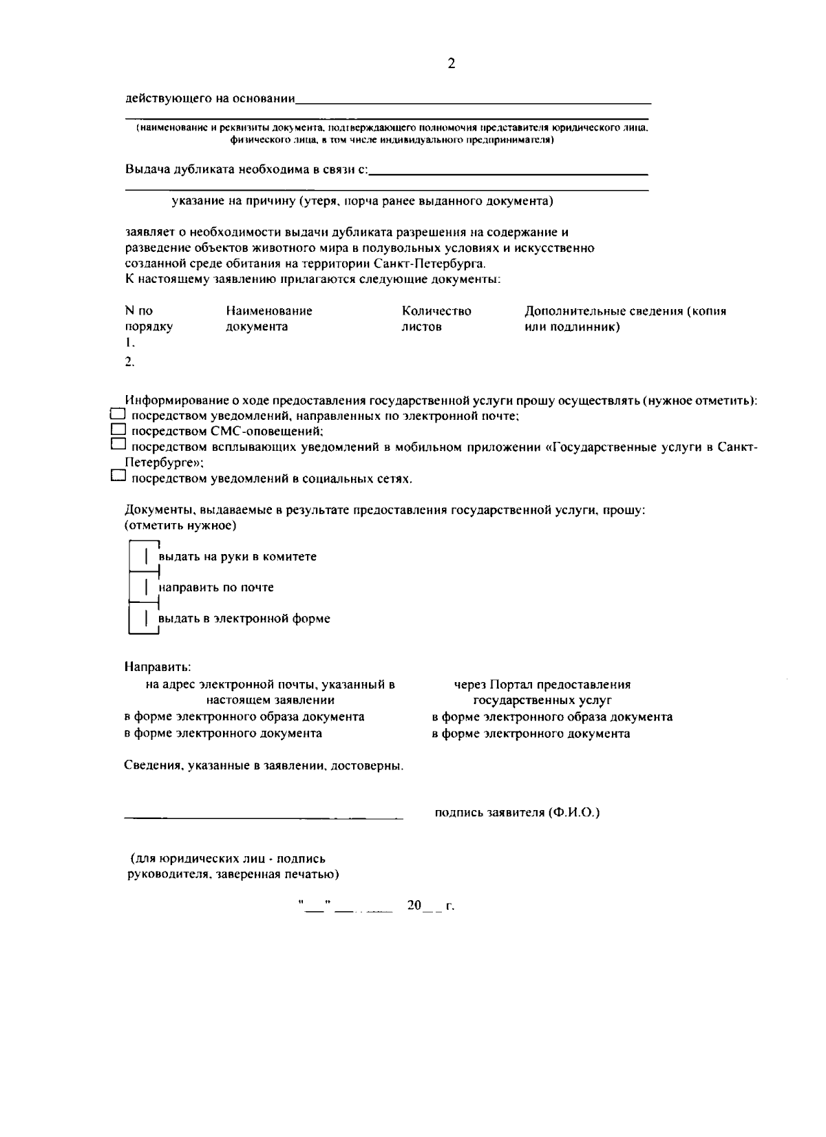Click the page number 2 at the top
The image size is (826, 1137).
(451, 64)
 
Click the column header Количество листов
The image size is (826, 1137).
(436, 319)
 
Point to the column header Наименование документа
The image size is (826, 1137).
(268, 319)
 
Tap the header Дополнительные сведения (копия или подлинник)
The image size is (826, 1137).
(625, 319)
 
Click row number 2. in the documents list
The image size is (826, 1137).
(129, 361)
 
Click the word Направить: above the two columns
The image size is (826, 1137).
(158, 667)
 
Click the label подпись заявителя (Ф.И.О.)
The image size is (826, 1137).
(517, 813)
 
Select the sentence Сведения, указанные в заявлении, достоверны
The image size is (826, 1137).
(264, 765)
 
